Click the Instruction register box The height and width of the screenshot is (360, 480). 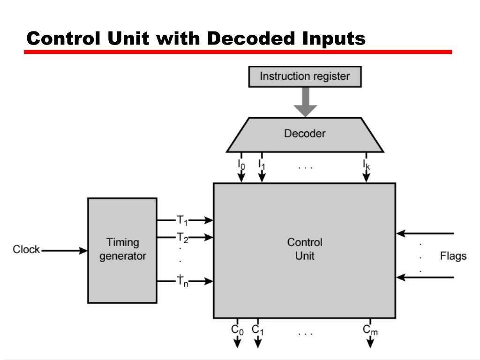[305, 76]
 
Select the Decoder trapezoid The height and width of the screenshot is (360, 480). [305, 134]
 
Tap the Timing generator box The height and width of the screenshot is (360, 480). [122, 250]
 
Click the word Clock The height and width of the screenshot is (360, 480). [26, 250]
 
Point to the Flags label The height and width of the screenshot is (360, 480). [453, 256]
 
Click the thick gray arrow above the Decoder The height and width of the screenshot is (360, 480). [305, 102]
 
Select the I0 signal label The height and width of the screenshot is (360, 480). [241, 164]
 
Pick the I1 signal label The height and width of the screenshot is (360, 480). [262, 164]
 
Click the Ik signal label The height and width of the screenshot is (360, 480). [366, 164]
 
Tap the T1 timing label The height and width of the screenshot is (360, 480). [182, 220]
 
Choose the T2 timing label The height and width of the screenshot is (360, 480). [182, 238]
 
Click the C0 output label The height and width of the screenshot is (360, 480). [237, 330]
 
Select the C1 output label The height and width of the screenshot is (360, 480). [258, 330]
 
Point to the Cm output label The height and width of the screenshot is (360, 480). [370, 330]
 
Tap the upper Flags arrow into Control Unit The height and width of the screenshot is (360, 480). [425, 233]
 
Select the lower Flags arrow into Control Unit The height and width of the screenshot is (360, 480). [425, 277]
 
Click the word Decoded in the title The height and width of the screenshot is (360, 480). [251, 38]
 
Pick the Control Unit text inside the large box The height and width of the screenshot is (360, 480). [305, 249]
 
